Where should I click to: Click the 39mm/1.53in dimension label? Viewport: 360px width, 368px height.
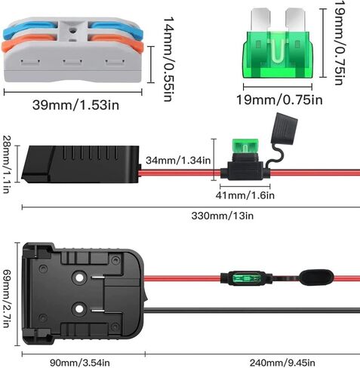75,105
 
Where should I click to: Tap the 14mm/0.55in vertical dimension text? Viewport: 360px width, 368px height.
168,60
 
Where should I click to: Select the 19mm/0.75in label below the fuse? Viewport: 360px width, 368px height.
279,100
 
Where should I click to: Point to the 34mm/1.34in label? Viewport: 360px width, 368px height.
178,161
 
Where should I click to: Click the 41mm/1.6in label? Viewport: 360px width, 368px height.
245,195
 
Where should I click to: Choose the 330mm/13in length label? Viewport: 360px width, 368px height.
223,216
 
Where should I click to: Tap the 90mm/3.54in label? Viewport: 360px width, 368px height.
80,363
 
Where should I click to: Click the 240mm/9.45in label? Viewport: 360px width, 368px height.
282,363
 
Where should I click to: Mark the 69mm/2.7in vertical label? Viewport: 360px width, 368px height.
7,299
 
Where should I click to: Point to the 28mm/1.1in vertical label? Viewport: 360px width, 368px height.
7,164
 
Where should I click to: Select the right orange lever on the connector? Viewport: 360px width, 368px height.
115,41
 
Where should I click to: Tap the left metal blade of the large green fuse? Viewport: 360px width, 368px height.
260,20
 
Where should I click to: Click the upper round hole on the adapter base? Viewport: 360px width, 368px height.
79,278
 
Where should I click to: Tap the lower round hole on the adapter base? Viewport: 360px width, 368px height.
79,309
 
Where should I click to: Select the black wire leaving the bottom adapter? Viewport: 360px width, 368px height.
252,310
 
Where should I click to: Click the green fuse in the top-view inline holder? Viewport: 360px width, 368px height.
246,278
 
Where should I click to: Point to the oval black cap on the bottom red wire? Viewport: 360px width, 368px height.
316,278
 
